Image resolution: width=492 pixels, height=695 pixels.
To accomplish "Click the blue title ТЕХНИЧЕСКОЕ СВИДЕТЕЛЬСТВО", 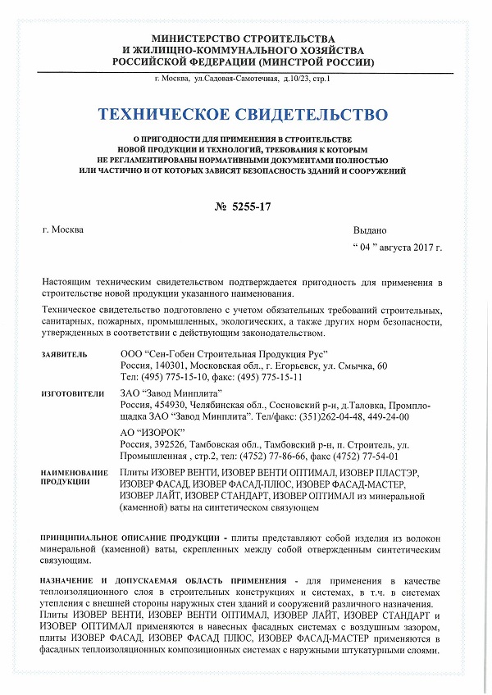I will (244, 113).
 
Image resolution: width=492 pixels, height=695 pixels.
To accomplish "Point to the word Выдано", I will (369, 229).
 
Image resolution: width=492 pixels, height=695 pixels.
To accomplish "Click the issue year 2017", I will (425, 246).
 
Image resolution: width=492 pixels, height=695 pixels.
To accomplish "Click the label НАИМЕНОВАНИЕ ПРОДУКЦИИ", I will (75, 477).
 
